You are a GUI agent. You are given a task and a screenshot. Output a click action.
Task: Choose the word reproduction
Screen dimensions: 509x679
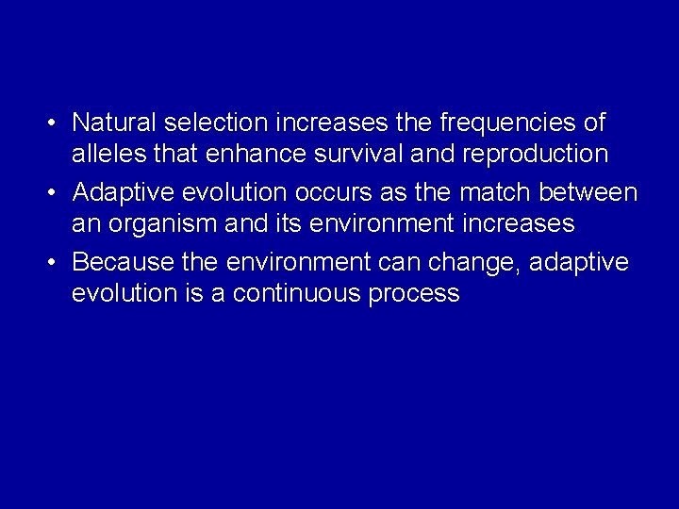539,154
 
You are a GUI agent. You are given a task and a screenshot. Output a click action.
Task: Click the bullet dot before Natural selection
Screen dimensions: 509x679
56,123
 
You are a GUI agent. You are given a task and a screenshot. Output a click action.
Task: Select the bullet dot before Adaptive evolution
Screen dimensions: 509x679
56,193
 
